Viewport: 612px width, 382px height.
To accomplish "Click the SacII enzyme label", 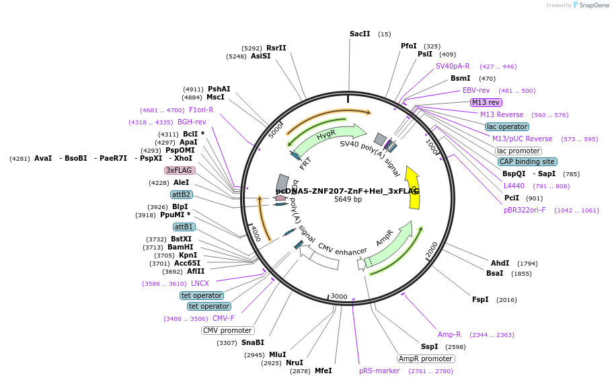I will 360,34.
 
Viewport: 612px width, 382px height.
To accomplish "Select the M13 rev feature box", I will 486,102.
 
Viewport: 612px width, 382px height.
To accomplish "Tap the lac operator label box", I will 506,126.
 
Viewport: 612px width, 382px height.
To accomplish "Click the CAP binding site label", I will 527,161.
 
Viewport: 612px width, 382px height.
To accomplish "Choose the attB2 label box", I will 182,194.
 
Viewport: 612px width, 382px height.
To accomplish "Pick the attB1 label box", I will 184,227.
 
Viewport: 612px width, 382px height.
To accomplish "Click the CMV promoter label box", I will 227,330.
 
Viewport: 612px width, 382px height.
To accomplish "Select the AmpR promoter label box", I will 426,358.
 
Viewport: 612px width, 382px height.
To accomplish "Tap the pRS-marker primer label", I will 379,371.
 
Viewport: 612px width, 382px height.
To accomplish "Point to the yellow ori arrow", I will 414,188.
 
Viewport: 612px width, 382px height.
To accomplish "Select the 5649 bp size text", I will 348,200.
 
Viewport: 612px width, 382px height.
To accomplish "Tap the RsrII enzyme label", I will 276,48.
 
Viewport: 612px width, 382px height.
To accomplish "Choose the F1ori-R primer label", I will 201,110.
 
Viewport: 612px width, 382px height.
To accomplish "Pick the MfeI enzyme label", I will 323,371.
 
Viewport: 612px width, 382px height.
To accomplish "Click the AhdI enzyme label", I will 500,263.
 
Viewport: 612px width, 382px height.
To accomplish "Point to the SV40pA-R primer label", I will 453,66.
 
